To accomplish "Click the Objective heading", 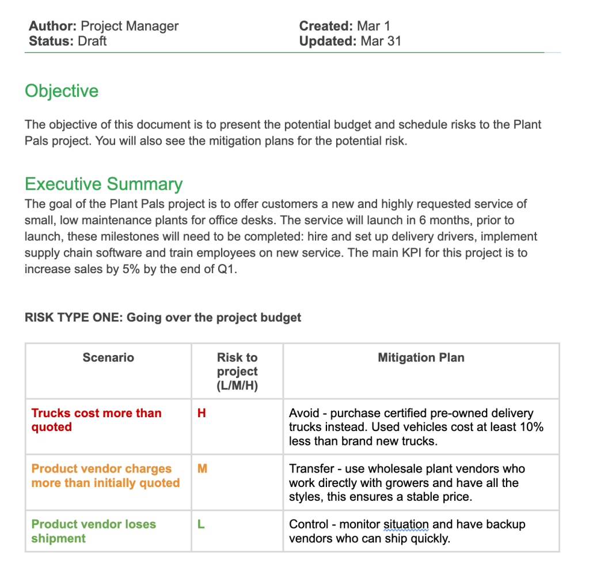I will (x=62, y=91).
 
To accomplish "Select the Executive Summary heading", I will (x=104, y=184).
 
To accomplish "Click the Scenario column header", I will (x=108, y=357).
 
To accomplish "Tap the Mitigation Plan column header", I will (x=421, y=357).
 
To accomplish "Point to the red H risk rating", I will (x=202, y=413).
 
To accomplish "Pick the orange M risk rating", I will (x=202, y=469).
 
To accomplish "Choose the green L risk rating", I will (x=201, y=524).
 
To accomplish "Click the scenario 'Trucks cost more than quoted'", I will (x=96, y=420).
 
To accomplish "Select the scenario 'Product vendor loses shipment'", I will (x=93, y=531).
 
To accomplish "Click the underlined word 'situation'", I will (x=406, y=524).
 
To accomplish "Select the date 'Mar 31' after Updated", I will (x=381, y=41).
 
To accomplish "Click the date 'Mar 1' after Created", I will (x=373, y=26).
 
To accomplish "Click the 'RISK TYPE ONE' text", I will (x=72, y=318).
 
